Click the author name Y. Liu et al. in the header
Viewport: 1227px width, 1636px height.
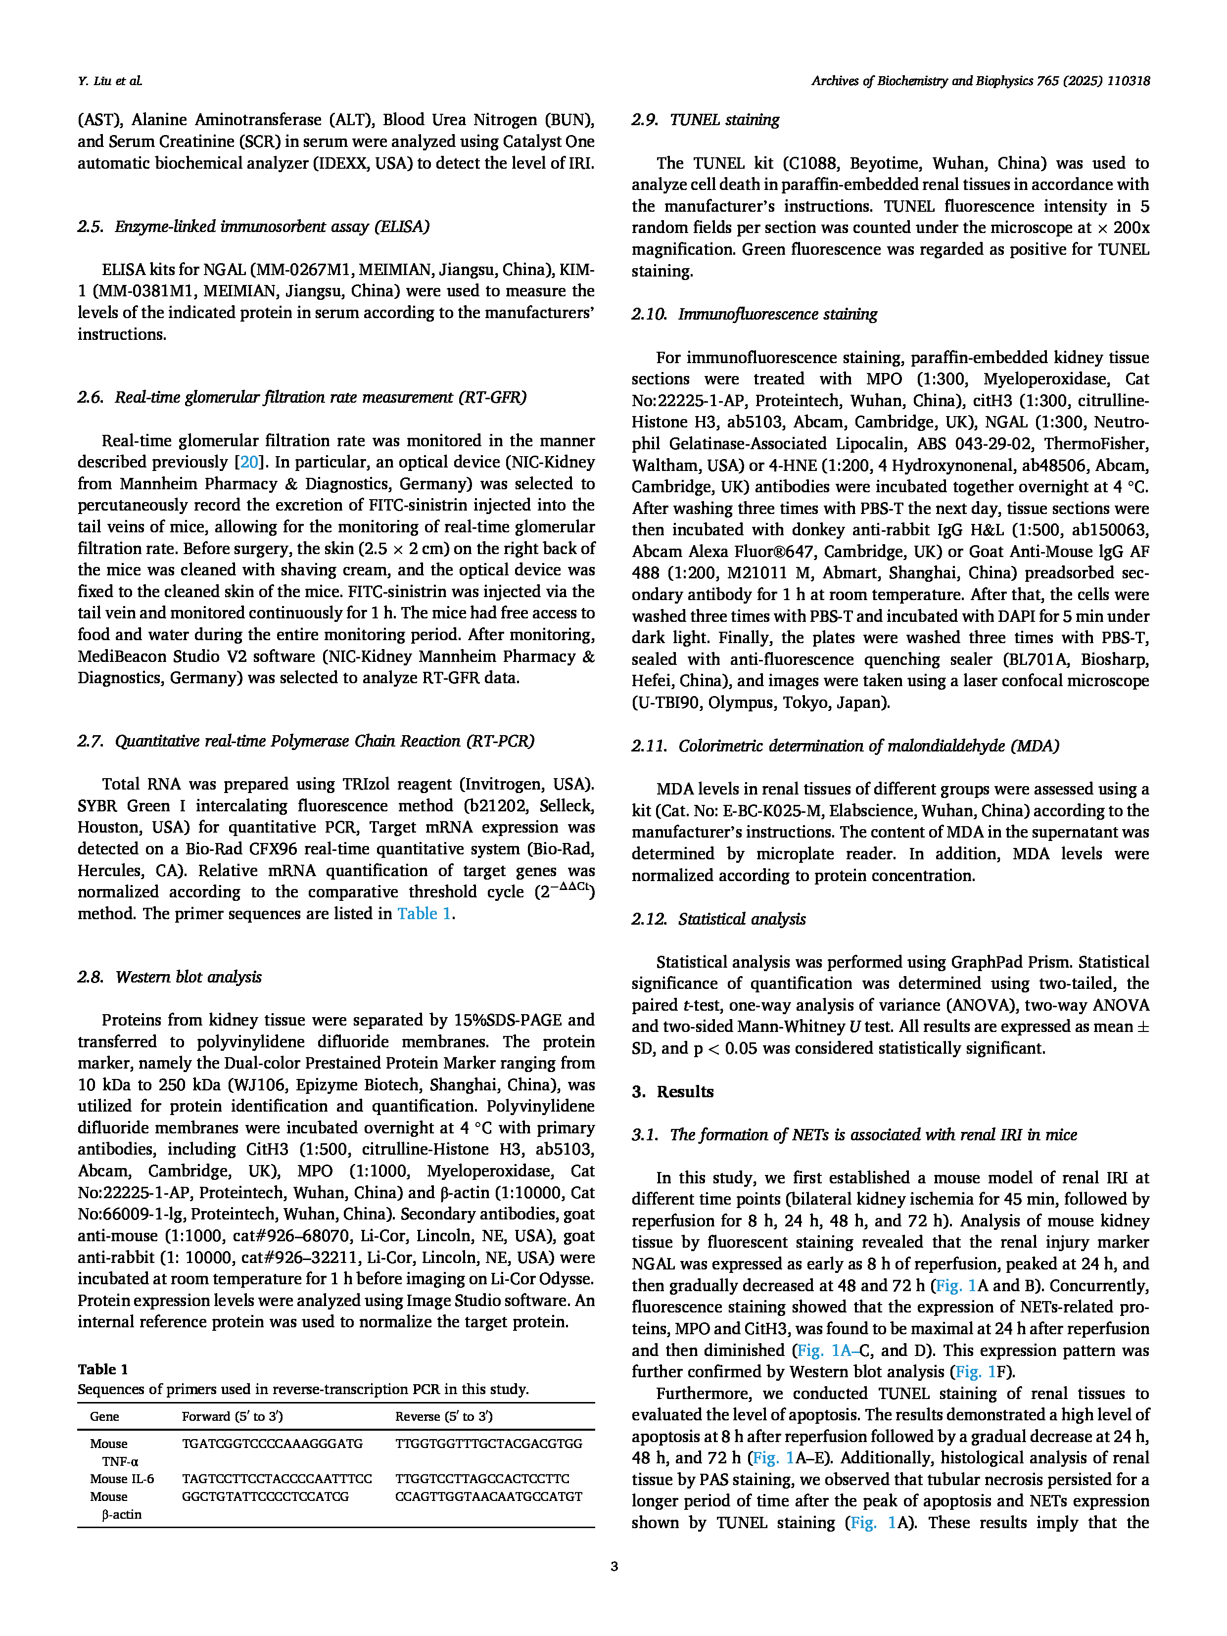pyautogui.click(x=109, y=81)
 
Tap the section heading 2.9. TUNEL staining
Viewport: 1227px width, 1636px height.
pyautogui.click(x=705, y=120)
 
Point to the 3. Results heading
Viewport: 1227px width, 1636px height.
pyautogui.click(x=672, y=1092)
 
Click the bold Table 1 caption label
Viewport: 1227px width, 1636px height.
pyautogui.click(x=103, y=1369)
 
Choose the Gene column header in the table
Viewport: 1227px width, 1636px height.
pyautogui.click(x=104, y=1416)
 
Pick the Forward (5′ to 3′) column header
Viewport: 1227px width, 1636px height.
pyautogui.click(x=232, y=1416)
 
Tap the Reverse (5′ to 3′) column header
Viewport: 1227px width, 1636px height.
pyautogui.click(x=444, y=1416)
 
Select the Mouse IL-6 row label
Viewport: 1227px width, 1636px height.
pyautogui.click(x=122, y=1479)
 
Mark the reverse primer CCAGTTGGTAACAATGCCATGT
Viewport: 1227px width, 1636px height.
pyautogui.click(x=488, y=1496)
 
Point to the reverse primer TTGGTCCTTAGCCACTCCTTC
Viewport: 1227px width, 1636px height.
pyautogui.click(x=482, y=1479)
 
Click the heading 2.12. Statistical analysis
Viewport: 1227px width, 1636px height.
pyautogui.click(x=718, y=919)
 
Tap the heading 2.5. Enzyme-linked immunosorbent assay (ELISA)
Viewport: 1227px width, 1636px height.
pyautogui.click(x=253, y=226)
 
